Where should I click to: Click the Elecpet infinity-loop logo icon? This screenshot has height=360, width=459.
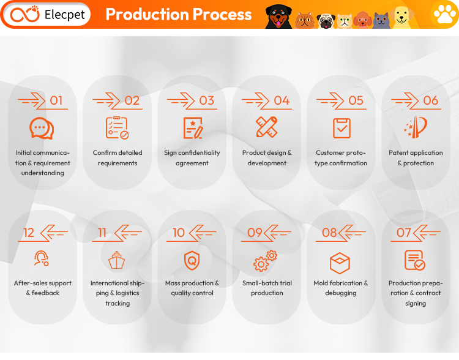[24, 14]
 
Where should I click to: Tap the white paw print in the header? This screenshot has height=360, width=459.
[445, 14]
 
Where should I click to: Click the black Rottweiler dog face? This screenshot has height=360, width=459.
[278, 17]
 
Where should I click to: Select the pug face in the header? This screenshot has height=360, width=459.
[326, 21]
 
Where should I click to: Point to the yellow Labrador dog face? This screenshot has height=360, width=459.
[403, 17]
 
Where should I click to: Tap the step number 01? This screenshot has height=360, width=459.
[56, 101]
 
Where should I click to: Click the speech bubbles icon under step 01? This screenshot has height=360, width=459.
[42, 129]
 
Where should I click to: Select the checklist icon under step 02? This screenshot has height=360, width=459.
[117, 128]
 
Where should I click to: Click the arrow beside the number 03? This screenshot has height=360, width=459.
[181, 101]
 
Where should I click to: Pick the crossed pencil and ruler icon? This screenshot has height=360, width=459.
[267, 127]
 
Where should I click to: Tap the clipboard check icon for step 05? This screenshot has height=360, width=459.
[341, 128]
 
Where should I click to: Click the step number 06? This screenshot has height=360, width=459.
[431, 101]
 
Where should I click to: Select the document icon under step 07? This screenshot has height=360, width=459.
[415, 260]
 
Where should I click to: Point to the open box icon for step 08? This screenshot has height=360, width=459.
[340, 263]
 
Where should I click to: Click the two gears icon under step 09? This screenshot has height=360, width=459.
[265, 261]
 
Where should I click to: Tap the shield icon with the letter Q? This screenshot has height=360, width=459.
[192, 260]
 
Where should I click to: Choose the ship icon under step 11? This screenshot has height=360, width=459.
[116, 260]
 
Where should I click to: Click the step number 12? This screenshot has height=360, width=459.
[29, 233]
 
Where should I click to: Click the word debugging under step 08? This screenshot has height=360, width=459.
[341, 293]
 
